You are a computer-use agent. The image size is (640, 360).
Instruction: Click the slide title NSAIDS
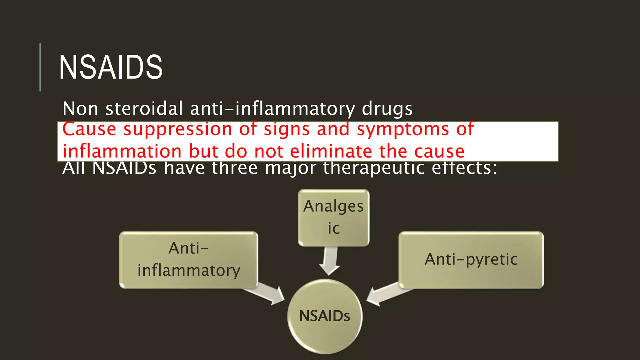coord(111,67)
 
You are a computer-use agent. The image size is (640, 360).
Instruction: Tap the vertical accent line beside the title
coord(40,67)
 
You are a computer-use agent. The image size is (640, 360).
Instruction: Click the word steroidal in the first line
coord(144,109)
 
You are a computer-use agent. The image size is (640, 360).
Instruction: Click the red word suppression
coord(178,129)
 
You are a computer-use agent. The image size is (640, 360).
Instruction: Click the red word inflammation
coord(122,152)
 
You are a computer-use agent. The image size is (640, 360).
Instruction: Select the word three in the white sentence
coord(234,169)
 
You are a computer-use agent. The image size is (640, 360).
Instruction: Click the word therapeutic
coord(373,169)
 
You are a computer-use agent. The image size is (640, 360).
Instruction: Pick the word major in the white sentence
coord(290,169)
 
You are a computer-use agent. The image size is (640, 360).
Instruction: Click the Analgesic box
coord(333,217)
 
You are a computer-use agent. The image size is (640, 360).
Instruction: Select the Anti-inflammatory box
coord(188,259)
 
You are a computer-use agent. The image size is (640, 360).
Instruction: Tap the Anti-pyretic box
coord(471,259)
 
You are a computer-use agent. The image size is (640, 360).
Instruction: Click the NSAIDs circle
coord(325,316)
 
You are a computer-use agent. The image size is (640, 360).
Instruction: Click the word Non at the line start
coord(80,109)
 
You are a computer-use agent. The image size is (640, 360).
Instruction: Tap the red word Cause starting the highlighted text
coord(89,129)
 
